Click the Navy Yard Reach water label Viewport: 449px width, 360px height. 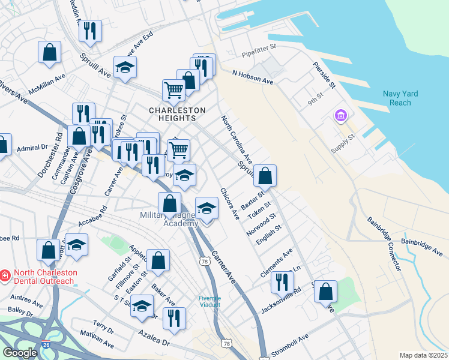[x=400, y=98]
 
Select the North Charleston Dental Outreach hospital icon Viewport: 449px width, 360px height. [x=5, y=275]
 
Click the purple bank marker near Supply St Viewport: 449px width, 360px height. [x=340, y=115]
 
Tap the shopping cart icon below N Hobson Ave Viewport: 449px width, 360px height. [x=173, y=90]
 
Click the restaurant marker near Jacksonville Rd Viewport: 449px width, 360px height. [x=282, y=281]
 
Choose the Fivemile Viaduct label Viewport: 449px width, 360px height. [x=210, y=301]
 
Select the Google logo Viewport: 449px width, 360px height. [x=20, y=352]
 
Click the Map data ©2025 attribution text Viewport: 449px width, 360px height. [x=423, y=355]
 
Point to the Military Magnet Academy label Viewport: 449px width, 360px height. [x=169, y=220]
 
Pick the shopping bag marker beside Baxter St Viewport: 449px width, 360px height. [x=265, y=175]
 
